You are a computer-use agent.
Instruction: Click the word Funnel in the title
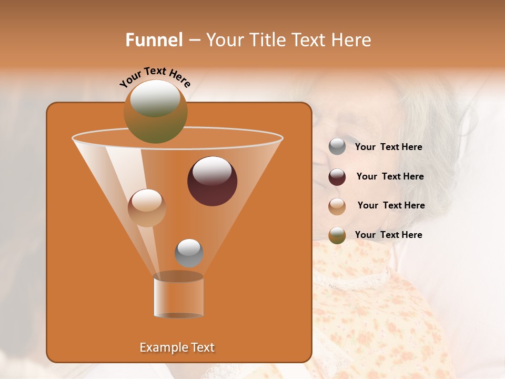(x=154, y=40)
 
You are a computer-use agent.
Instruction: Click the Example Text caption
(x=177, y=347)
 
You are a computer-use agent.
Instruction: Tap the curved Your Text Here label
(x=155, y=76)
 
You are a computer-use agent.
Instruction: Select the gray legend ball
(x=337, y=147)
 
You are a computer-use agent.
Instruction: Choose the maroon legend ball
(x=337, y=177)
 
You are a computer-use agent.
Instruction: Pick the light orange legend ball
(x=337, y=206)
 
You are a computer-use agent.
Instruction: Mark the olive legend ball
(x=337, y=235)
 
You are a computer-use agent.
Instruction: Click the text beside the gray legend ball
(x=388, y=147)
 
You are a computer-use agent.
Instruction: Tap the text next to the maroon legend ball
(x=390, y=177)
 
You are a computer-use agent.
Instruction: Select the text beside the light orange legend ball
(x=391, y=206)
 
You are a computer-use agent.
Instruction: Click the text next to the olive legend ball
(x=388, y=235)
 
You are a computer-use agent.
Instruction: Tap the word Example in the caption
(x=163, y=347)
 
